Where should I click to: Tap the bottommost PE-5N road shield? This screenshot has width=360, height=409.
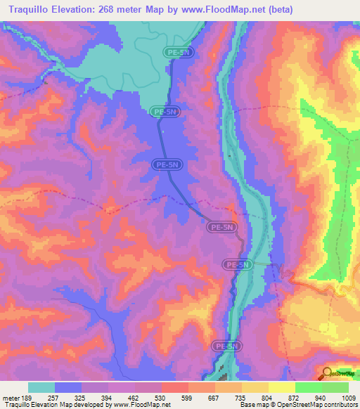coord(226,346)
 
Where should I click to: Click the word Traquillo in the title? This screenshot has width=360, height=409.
coord(33,9)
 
